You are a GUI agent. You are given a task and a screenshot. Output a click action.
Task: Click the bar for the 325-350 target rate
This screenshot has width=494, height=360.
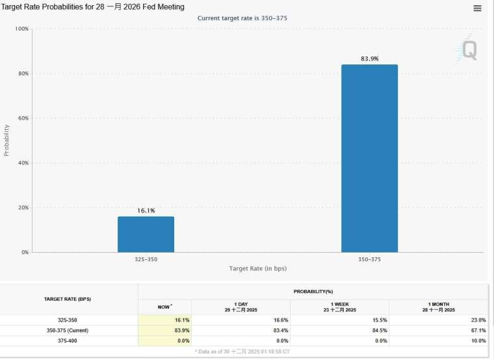[146, 234]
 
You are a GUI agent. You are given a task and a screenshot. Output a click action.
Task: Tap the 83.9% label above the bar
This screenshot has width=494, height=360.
[369, 59]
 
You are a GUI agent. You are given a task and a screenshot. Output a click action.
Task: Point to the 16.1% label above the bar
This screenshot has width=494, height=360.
[146, 211]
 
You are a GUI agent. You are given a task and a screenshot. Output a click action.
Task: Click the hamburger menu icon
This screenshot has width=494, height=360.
[478, 8]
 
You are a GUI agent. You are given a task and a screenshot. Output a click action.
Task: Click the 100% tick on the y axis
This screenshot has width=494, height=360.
[21, 29]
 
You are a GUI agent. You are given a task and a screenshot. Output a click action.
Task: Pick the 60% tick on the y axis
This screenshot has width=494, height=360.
[23, 118]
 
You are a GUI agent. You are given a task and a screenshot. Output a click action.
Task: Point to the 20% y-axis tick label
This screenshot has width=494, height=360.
[23, 207]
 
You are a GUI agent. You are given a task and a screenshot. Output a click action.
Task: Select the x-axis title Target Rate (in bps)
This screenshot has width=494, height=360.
[257, 268]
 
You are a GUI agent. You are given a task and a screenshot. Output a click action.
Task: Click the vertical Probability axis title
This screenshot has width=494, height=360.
[7, 140]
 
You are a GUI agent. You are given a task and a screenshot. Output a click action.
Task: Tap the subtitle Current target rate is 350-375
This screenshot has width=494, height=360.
[242, 18]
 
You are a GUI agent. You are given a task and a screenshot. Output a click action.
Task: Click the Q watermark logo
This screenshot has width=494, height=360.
[468, 50]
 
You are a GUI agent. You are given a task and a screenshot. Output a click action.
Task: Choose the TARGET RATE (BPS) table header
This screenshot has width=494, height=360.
[68, 299]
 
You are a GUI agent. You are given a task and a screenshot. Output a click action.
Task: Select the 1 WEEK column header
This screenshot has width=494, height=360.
[339, 307]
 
